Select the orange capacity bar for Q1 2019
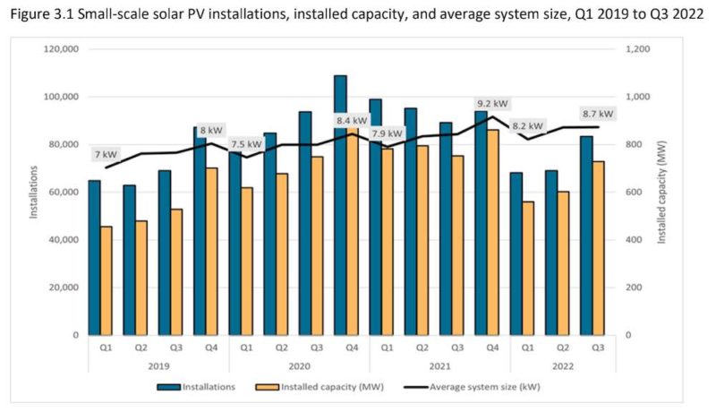[107, 280]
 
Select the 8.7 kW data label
[598, 114]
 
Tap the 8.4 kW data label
[352, 120]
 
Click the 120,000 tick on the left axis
[60, 49]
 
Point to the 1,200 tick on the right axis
[641, 49]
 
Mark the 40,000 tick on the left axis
[63, 240]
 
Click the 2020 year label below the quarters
[299, 365]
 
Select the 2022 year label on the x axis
[563, 365]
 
